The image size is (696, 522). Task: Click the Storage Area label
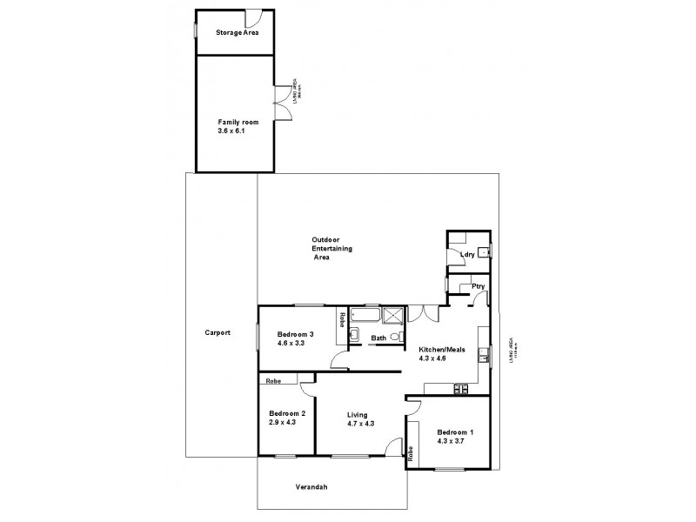coord(237,33)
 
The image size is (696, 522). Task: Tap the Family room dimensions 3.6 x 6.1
coord(232,132)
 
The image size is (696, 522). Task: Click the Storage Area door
coord(254,19)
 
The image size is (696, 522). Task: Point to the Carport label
coord(217,333)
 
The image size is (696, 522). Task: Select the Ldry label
coord(467,254)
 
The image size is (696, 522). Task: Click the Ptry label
coord(477,287)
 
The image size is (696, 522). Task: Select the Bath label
coord(378,338)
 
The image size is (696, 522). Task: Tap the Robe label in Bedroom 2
coord(273,380)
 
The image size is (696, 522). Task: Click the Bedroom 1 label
coord(456,432)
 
